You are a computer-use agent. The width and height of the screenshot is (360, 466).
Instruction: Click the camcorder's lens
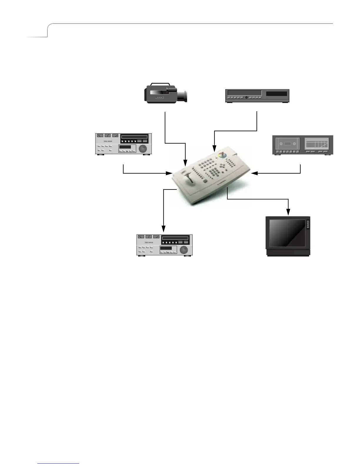pos(185,96)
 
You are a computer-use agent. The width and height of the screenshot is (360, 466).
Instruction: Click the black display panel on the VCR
pos(276,94)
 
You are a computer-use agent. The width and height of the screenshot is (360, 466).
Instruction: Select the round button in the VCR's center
pos(246,97)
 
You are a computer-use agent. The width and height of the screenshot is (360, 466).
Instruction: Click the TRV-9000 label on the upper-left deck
pos(108,141)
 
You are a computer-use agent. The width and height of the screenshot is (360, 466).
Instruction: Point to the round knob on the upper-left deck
pos(143,149)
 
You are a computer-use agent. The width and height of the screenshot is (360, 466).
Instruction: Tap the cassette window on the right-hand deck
pos(288,144)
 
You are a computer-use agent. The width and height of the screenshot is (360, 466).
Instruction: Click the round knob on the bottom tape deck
pos(184,250)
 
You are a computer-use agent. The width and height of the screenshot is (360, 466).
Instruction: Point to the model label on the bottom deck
pos(149,242)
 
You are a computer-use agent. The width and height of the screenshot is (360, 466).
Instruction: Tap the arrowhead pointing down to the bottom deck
pos(164,229)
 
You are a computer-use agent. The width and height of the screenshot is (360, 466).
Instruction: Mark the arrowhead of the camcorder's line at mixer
pos(185,163)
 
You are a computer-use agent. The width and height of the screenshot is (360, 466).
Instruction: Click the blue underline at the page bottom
pos(59,463)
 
